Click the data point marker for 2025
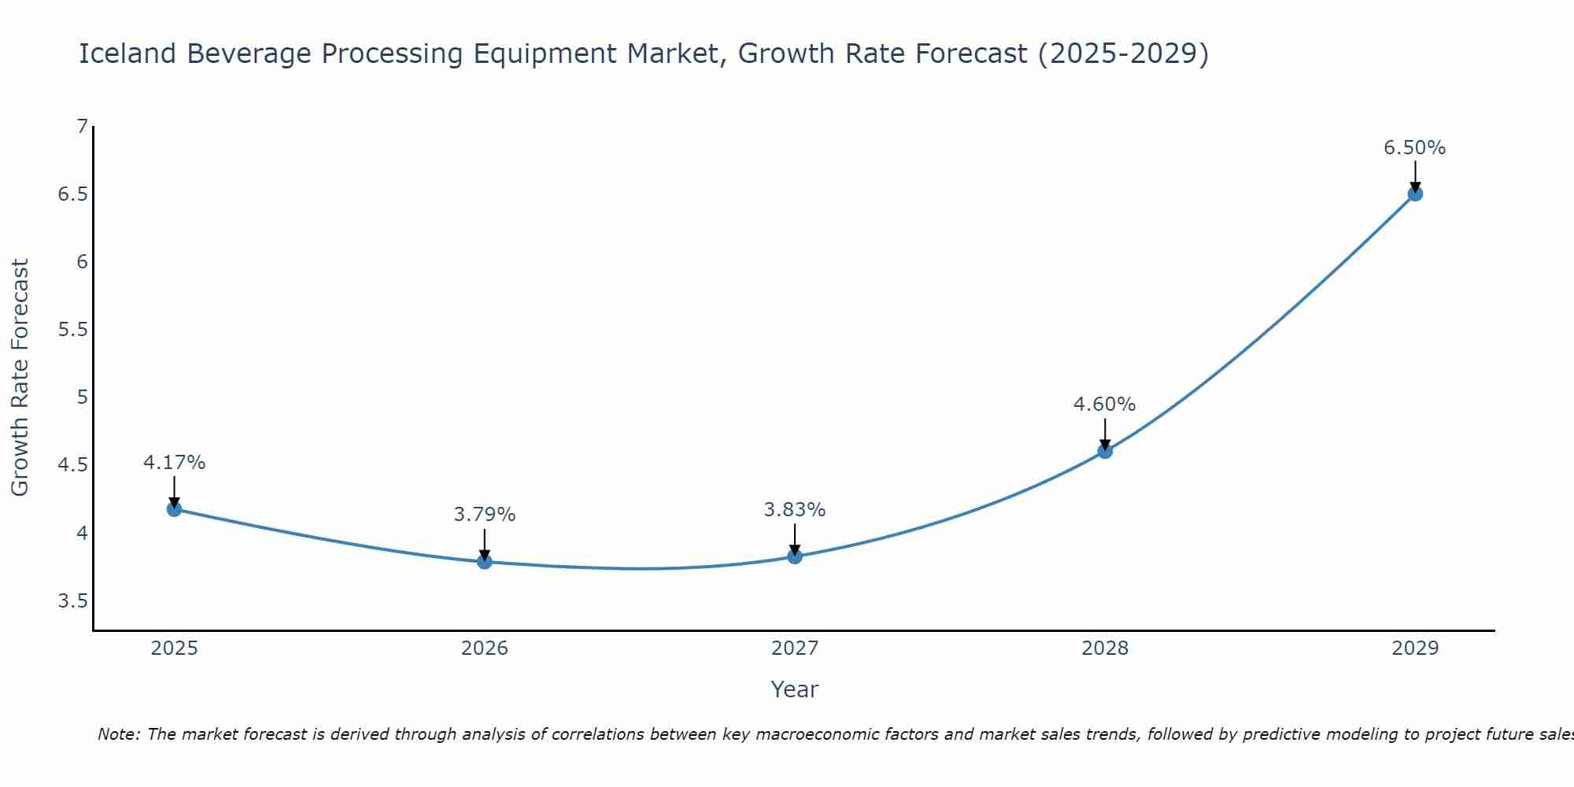click(174, 509)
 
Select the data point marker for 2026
click(484, 561)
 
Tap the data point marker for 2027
click(795, 556)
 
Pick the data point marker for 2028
click(1105, 451)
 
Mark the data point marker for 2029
click(1415, 194)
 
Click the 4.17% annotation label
click(174, 463)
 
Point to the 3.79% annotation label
click(484, 515)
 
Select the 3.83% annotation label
click(795, 510)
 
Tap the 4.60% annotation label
click(1105, 405)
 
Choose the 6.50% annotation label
click(1415, 148)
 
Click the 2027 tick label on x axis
click(795, 648)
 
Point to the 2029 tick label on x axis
click(1415, 648)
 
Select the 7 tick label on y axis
click(82, 126)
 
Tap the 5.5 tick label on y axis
click(72, 330)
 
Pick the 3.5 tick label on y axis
click(72, 601)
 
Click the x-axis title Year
click(795, 689)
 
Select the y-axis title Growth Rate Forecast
click(20, 378)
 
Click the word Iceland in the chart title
click(127, 54)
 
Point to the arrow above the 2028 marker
click(1105, 433)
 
